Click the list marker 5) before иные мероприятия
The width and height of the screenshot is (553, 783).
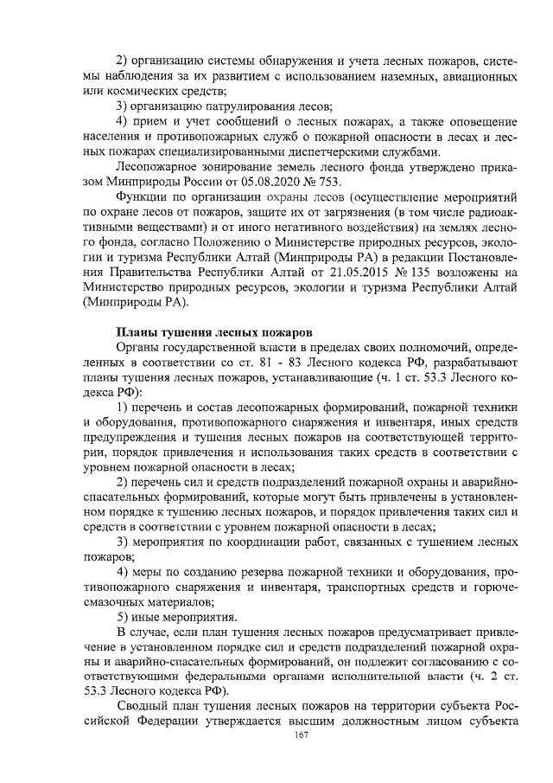(123, 617)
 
